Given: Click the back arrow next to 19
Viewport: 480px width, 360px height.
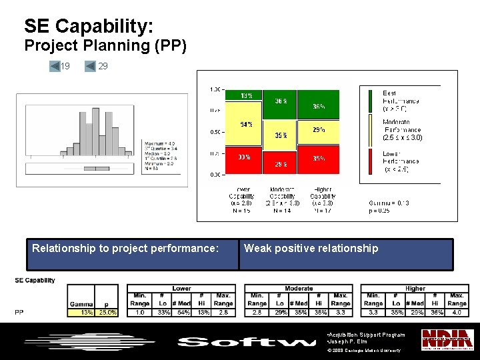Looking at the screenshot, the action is tap(55, 66).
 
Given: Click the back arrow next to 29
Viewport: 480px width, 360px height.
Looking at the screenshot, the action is tap(91, 66).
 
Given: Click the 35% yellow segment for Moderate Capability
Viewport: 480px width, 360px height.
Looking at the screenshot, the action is tap(281, 135).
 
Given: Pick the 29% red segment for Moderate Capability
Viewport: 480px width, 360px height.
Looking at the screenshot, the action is tap(281, 164).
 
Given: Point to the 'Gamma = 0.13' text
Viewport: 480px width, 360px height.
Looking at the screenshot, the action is tap(389, 203).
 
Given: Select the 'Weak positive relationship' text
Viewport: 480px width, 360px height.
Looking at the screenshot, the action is tap(311, 249).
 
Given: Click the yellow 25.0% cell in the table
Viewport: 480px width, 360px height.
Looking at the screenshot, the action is tap(107, 312).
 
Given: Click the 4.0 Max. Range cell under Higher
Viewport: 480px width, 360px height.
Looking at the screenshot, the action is tap(457, 312).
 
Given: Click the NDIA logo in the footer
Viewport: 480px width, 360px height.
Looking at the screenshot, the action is tap(447, 339).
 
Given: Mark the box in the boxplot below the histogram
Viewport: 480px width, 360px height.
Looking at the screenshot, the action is tap(98, 167).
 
